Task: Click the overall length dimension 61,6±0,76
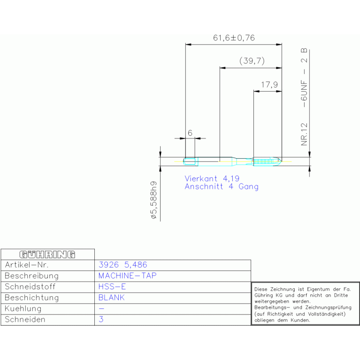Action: click(234, 38)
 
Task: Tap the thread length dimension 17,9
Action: click(269, 84)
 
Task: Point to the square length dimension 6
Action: click(190, 133)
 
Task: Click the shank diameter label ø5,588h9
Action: click(153, 200)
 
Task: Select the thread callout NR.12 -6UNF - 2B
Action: click(304, 97)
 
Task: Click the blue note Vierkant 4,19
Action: click(212, 178)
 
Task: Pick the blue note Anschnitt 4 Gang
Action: click(222, 186)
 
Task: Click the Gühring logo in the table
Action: click(47, 254)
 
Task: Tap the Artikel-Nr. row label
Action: click(27, 265)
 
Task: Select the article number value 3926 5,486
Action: click(123, 265)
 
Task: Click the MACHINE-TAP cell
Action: click(127, 276)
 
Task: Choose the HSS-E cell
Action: click(112, 286)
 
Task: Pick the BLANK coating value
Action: click(111, 298)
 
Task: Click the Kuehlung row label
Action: click(23, 308)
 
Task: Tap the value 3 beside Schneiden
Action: click(101, 319)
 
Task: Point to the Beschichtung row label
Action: click(32, 298)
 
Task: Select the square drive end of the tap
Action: click(191, 161)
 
